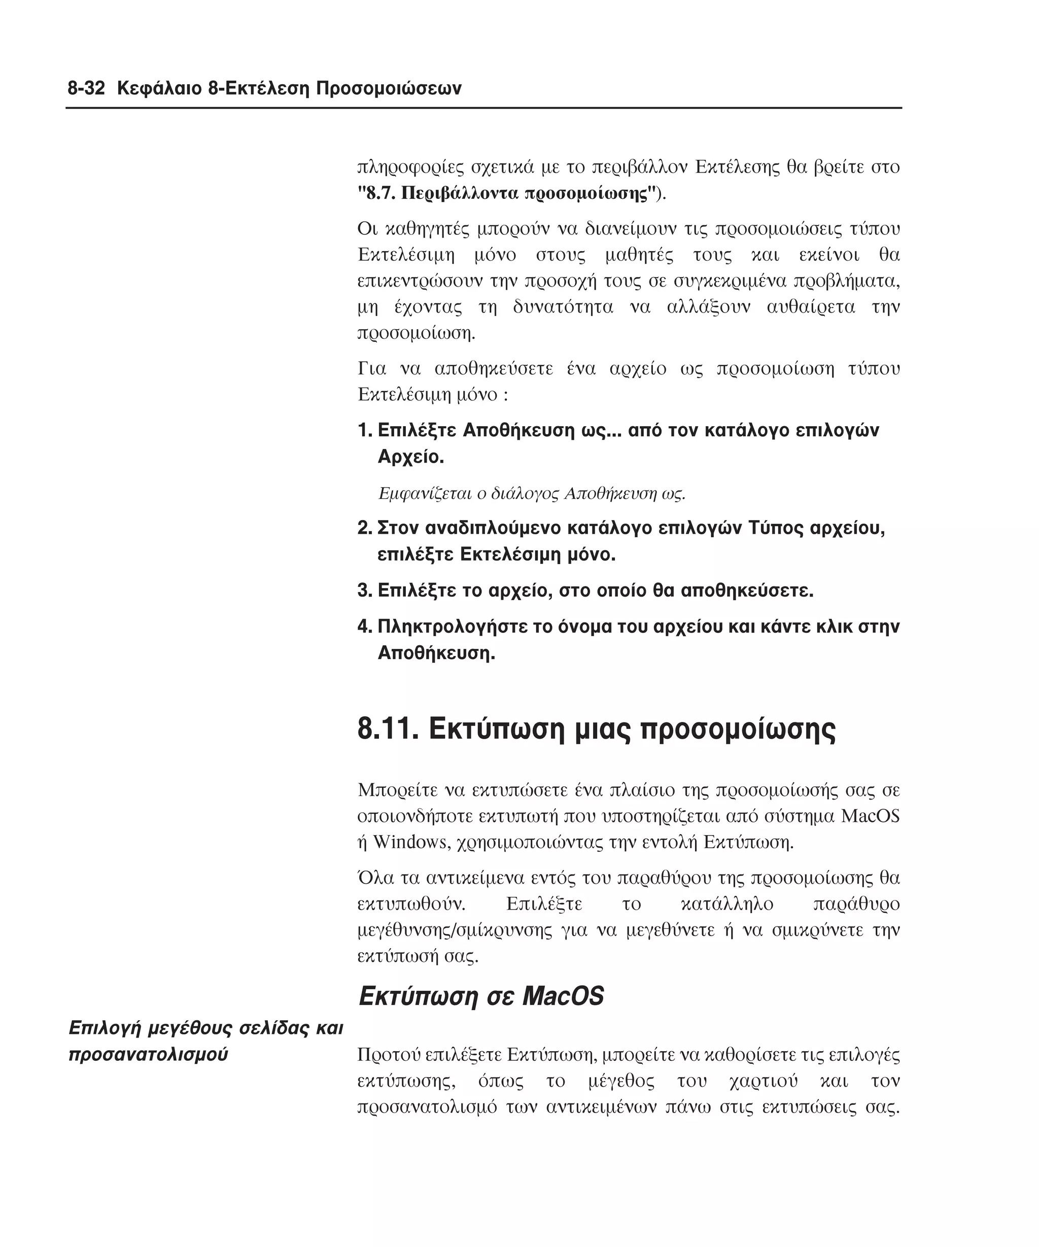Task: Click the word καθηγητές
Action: (x=427, y=229)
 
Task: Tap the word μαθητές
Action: (x=639, y=255)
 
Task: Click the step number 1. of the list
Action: (x=365, y=430)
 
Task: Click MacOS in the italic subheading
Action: (x=563, y=996)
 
